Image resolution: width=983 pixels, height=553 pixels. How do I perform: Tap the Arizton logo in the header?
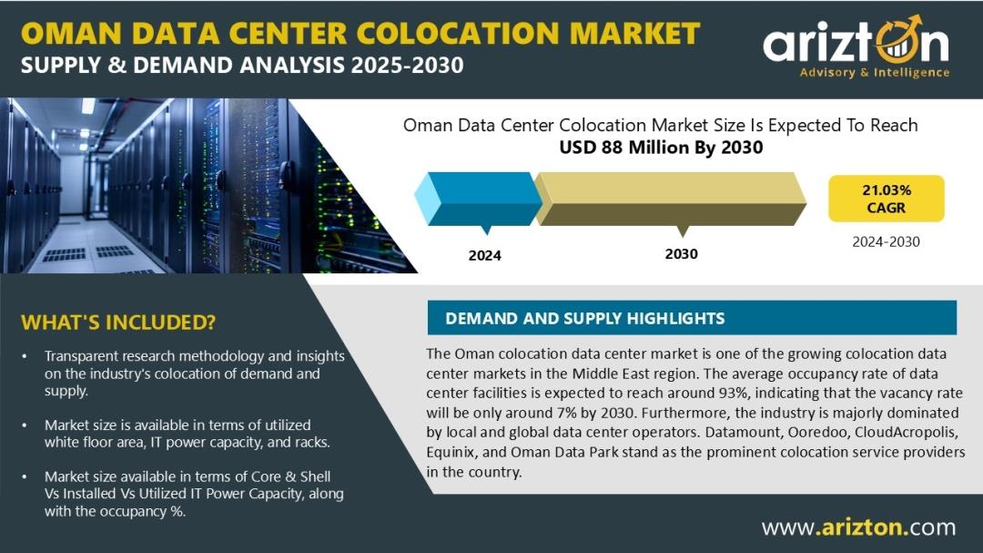tap(856, 47)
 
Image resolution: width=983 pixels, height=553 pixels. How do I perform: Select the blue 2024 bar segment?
tap(479, 199)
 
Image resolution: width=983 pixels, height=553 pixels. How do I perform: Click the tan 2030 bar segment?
tap(670, 199)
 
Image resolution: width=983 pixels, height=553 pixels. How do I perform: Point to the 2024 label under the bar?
tap(484, 255)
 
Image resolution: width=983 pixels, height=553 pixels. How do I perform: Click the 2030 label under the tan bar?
tap(682, 253)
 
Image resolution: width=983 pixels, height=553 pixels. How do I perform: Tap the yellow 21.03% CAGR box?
tap(886, 199)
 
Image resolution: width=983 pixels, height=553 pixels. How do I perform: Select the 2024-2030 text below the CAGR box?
tap(886, 241)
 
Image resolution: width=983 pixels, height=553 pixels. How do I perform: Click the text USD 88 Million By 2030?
tap(661, 148)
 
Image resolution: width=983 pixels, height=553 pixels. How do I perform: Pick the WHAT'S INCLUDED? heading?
tap(117, 322)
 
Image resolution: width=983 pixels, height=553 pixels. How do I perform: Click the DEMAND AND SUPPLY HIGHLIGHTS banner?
tap(692, 318)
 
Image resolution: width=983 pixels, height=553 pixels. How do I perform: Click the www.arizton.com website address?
tap(859, 527)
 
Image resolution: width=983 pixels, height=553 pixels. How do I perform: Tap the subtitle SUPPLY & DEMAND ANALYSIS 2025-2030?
tap(242, 66)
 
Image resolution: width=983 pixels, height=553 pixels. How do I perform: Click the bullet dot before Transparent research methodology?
tap(25, 356)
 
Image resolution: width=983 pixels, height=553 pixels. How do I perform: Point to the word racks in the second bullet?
tap(311, 443)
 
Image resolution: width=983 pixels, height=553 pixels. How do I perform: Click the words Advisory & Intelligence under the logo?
tap(875, 73)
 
